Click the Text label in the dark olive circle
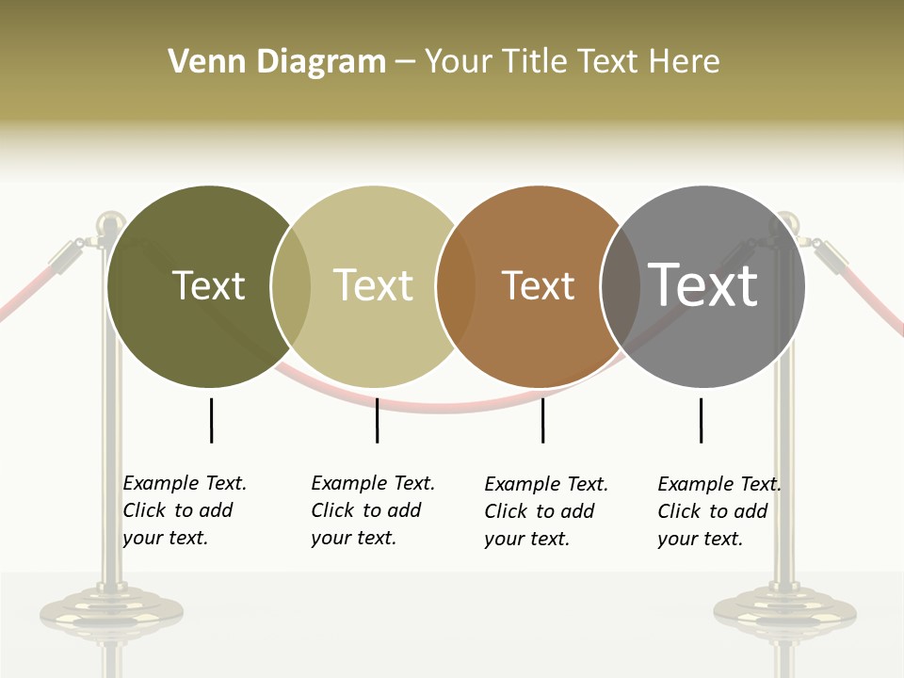[x=208, y=285]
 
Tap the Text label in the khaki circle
[x=373, y=285]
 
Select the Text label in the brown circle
[x=538, y=285]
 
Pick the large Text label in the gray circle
[x=702, y=284]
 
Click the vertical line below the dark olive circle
[x=211, y=420]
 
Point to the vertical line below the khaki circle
[x=377, y=420]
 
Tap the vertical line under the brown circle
[x=542, y=420]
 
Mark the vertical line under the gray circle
[x=701, y=420]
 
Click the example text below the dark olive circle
[x=184, y=510]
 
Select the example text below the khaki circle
[x=372, y=510]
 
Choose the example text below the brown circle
[x=545, y=511]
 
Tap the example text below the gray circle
[x=718, y=511]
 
